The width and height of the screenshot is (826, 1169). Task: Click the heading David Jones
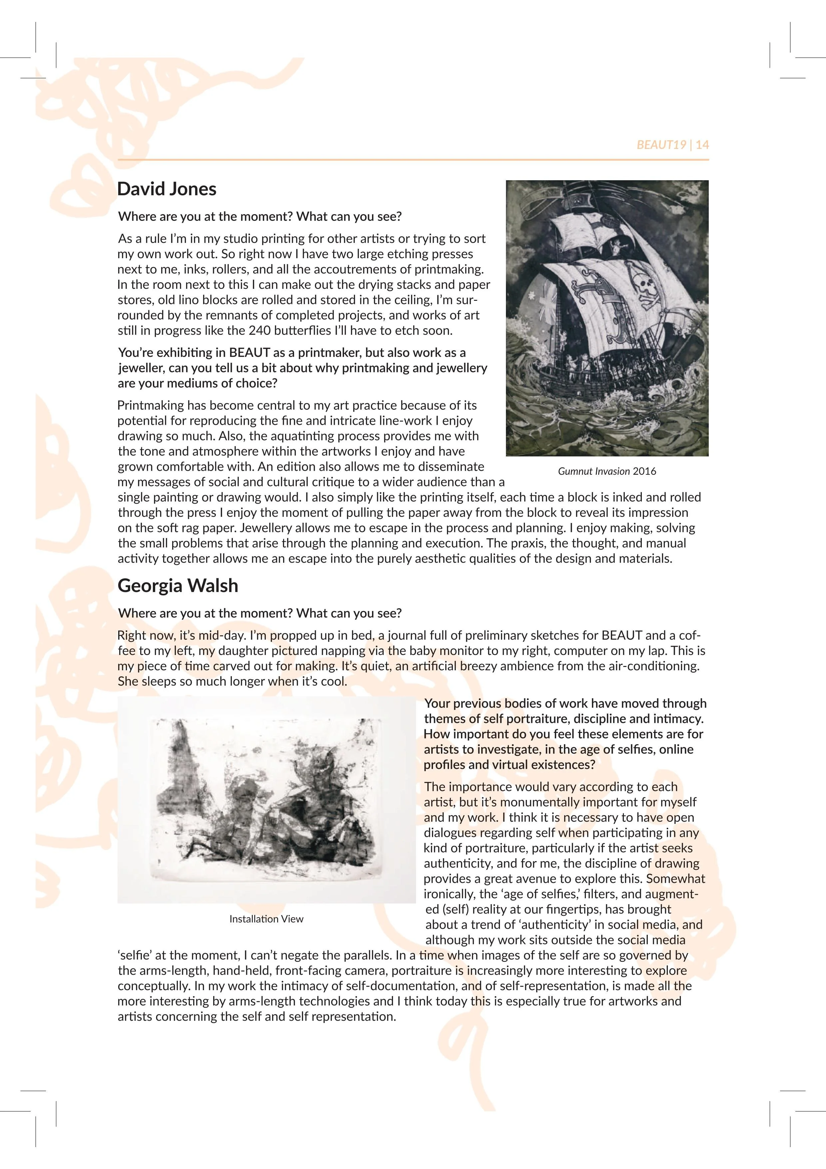(x=167, y=189)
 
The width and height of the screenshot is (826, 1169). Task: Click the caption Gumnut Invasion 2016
(x=607, y=471)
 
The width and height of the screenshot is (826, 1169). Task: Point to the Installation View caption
(x=266, y=919)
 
